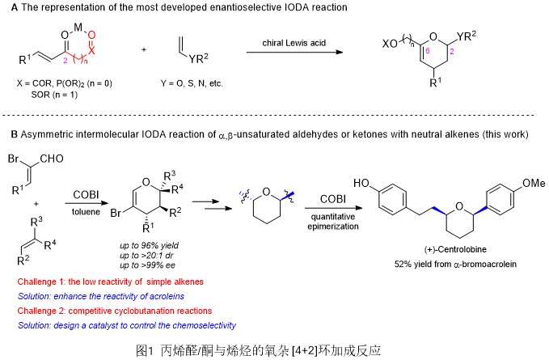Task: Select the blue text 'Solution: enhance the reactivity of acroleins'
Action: (x=109, y=295)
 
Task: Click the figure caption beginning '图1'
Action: (x=275, y=350)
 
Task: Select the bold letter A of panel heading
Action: (x=8, y=7)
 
